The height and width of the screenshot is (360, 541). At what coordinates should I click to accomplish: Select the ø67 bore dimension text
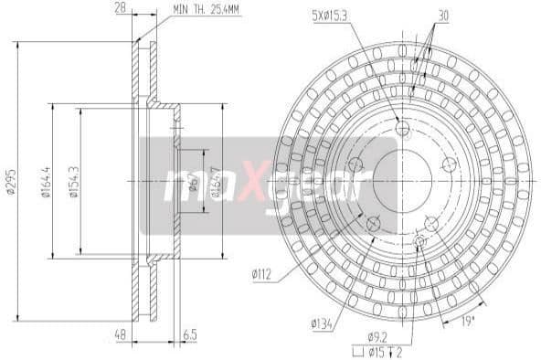coord(193,182)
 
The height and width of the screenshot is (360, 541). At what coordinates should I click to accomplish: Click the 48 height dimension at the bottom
coord(119,336)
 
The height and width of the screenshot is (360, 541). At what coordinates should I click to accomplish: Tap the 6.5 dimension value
coord(190,336)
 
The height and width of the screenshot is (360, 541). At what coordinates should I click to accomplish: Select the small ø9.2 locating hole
coord(420,240)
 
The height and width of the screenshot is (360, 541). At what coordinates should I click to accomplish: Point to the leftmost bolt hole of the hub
coord(355,164)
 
